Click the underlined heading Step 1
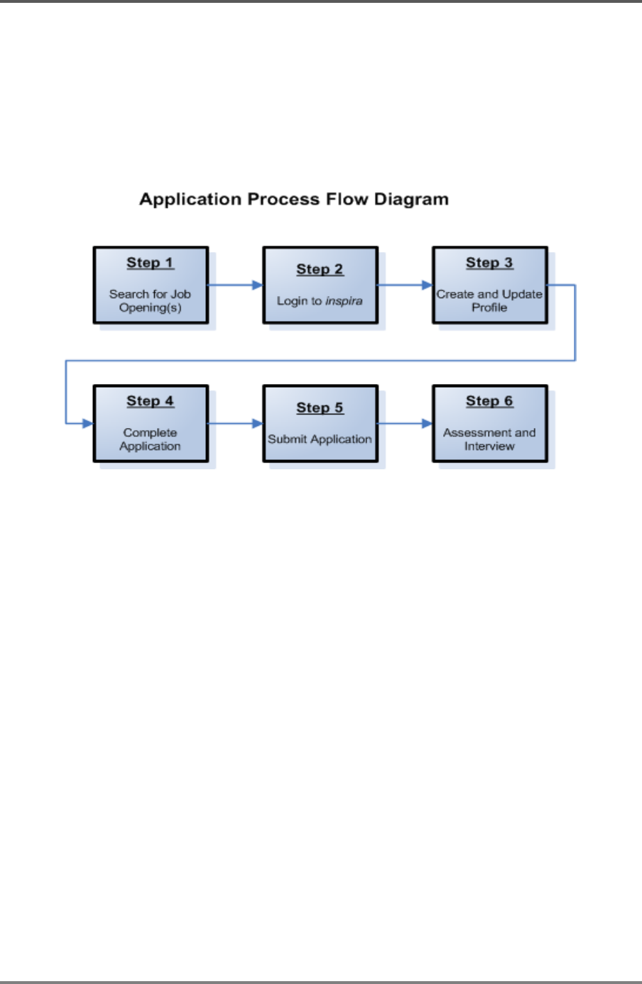tap(151, 263)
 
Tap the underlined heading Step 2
tap(320, 269)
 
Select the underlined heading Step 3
tap(489, 263)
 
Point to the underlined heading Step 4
tap(151, 401)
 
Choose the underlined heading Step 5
tap(320, 408)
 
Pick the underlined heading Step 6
tap(489, 401)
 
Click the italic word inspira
tap(344, 301)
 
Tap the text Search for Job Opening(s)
tap(150, 301)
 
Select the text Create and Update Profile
tap(489, 301)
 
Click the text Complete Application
tap(150, 439)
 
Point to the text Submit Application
tap(320, 439)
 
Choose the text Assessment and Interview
tap(489, 439)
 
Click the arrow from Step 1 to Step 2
tap(236, 285)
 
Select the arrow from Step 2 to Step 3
tap(405, 285)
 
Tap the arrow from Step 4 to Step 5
tap(236, 423)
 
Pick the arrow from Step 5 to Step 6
tap(405, 423)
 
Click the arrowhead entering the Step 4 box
tap(88, 423)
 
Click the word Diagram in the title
tap(411, 199)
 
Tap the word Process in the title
tap(283, 199)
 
